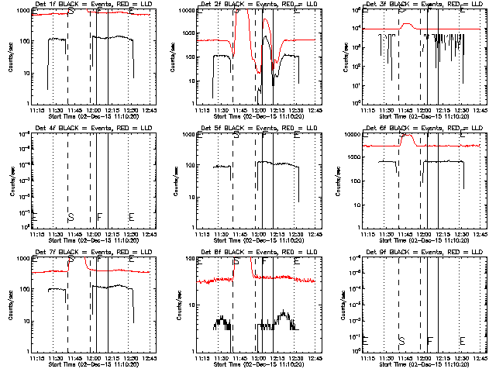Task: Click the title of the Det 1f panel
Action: coord(88,5)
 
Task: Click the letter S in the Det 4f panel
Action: coord(71,216)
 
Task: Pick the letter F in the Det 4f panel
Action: coord(99,216)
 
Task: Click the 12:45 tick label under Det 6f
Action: coord(480,233)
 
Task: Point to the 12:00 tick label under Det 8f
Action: coord(259,357)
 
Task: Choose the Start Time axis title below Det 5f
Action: coord(253,239)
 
